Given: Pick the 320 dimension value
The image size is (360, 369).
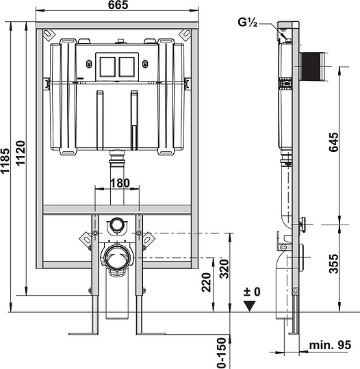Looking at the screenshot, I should click(x=224, y=270).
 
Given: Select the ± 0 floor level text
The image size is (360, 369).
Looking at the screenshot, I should click(x=253, y=292).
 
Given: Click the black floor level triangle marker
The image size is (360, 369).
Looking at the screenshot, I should click(x=253, y=305).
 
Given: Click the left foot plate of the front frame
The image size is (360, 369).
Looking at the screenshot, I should click(x=81, y=333).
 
